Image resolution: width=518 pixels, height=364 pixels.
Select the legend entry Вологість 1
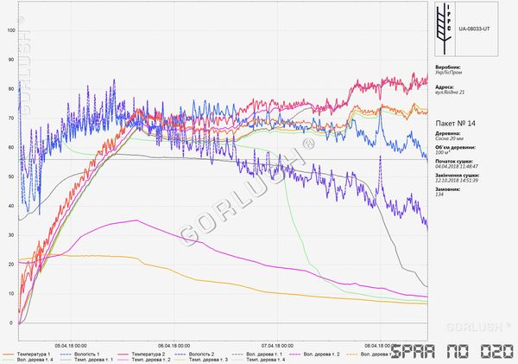coord(98,354)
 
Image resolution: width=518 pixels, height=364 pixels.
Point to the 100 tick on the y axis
coord(11,29)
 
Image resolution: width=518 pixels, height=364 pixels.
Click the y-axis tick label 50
coord(11,176)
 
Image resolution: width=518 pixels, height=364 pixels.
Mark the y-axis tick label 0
coord(11,322)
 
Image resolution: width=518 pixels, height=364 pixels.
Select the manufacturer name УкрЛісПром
coord(450,73)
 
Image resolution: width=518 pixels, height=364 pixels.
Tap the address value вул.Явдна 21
coord(452,93)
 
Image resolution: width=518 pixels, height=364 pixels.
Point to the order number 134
coord(440,195)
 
